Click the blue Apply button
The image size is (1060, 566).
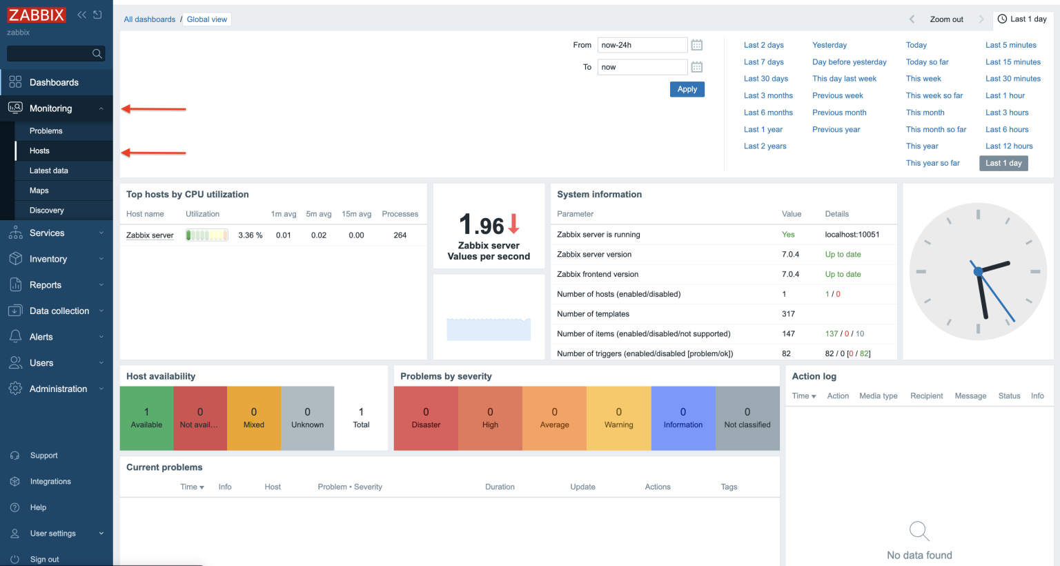point(687,89)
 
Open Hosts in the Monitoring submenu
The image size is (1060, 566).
point(39,150)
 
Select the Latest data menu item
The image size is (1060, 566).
point(48,170)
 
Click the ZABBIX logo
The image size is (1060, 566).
point(37,15)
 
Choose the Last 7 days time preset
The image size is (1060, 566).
point(763,62)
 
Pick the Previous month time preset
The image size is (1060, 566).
point(838,113)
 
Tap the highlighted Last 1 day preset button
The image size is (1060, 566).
point(1003,164)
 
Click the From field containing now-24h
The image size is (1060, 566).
point(642,45)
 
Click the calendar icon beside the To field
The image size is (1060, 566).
point(697,67)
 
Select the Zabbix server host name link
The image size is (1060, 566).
point(150,235)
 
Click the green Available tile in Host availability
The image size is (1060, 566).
point(146,418)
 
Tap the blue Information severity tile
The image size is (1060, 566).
point(683,418)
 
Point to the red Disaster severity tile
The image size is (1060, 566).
point(426,418)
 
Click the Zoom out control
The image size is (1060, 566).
point(946,19)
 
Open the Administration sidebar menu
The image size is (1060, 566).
point(58,389)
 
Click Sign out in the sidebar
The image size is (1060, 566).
point(44,559)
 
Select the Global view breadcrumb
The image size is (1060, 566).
point(206,19)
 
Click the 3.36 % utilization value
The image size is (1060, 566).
point(250,235)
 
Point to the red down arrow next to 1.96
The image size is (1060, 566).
point(513,224)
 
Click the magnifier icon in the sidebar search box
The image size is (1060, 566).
point(97,53)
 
